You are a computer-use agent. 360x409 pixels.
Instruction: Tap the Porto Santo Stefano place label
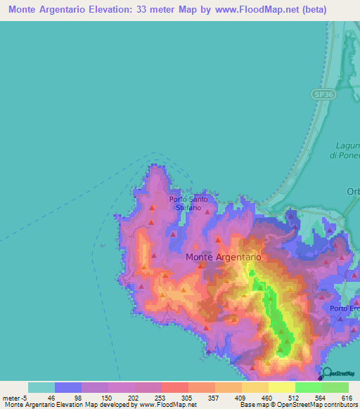point(188,204)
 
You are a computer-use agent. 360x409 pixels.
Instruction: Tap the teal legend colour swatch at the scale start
point(41,387)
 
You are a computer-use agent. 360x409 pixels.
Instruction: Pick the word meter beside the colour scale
point(11,398)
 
